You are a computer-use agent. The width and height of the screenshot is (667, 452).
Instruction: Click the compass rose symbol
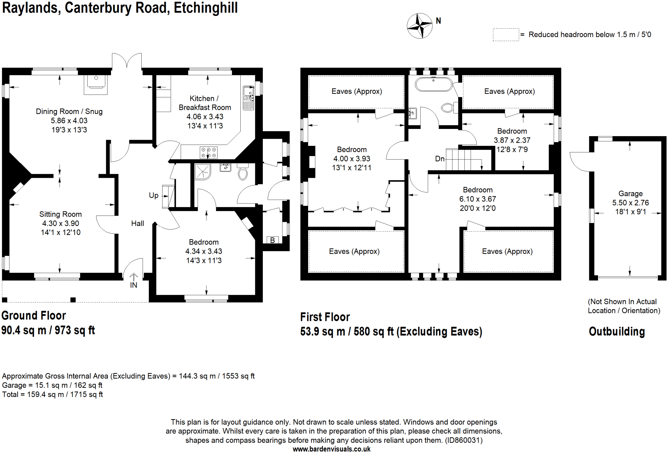tap(419, 26)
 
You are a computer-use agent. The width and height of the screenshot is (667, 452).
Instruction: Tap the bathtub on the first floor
tap(433, 85)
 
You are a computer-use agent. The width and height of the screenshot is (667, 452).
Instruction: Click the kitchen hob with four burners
tap(208, 152)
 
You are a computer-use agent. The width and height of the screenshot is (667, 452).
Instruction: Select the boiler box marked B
tap(273, 240)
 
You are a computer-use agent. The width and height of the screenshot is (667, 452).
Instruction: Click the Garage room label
tap(631, 193)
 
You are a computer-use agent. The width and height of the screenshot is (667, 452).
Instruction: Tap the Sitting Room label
tap(61, 214)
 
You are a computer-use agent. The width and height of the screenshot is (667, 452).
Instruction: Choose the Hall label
tap(137, 223)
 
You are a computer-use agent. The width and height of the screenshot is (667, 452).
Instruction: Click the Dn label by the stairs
tap(440, 159)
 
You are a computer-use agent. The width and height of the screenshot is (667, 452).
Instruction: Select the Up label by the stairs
tap(153, 195)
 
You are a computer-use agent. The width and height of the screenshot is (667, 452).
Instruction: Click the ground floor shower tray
tap(203, 172)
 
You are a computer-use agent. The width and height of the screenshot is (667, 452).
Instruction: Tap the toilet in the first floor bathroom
tap(448, 107)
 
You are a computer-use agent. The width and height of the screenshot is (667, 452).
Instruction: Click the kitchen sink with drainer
tap(248, 97)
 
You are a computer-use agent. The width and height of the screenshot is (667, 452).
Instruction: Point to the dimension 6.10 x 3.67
tap(477, 199)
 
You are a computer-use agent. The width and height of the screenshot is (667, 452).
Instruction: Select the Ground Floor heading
tap(34, 316)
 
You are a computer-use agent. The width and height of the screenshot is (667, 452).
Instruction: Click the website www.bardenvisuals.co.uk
tap(332, 449)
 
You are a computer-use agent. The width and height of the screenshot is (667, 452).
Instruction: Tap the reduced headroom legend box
tap(505, 35)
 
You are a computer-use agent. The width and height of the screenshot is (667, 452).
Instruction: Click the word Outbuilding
tap(617, 332)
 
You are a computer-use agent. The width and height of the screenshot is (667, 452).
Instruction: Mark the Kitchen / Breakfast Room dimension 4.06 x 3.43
tap(205, 117)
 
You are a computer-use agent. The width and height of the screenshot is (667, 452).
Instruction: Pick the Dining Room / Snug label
tap(69, 111)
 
